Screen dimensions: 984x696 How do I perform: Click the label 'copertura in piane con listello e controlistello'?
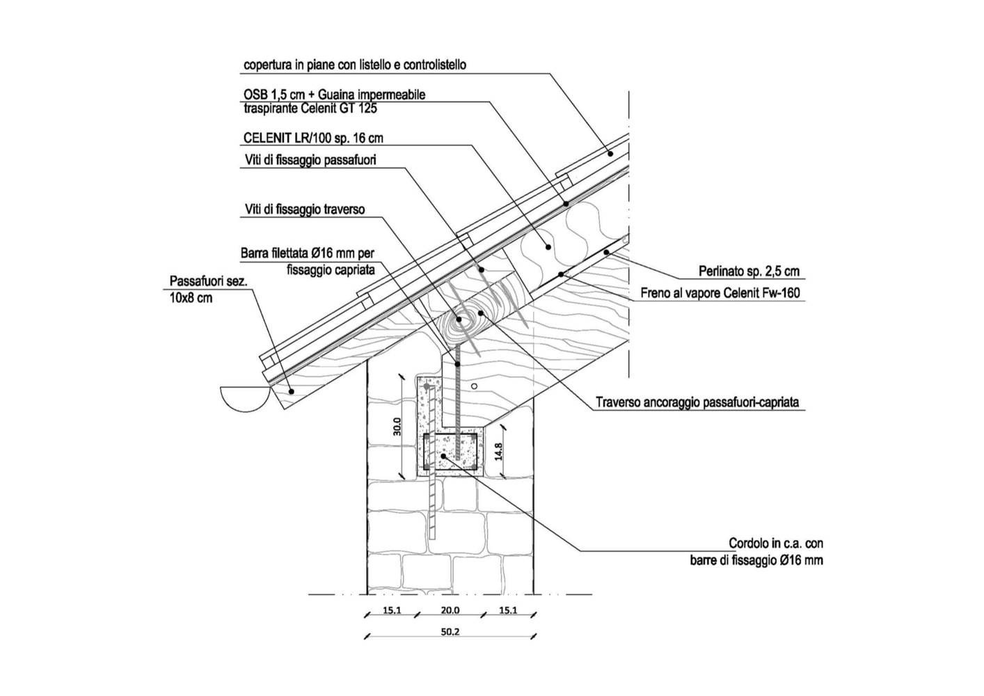(x=355, y=65)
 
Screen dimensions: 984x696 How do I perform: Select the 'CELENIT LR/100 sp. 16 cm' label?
(x=313, y=138)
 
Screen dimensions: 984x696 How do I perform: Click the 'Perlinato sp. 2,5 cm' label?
(x=749, y=271)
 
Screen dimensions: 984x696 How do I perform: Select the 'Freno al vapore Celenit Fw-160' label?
(x=720, y=293)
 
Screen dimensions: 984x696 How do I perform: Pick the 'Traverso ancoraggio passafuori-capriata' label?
(x=697, y=402)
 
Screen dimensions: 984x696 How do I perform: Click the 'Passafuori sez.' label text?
(x=209, y=281)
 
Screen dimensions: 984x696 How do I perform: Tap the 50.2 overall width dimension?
(x=450, y=632)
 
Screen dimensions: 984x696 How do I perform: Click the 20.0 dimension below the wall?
(x=450, y=610)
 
